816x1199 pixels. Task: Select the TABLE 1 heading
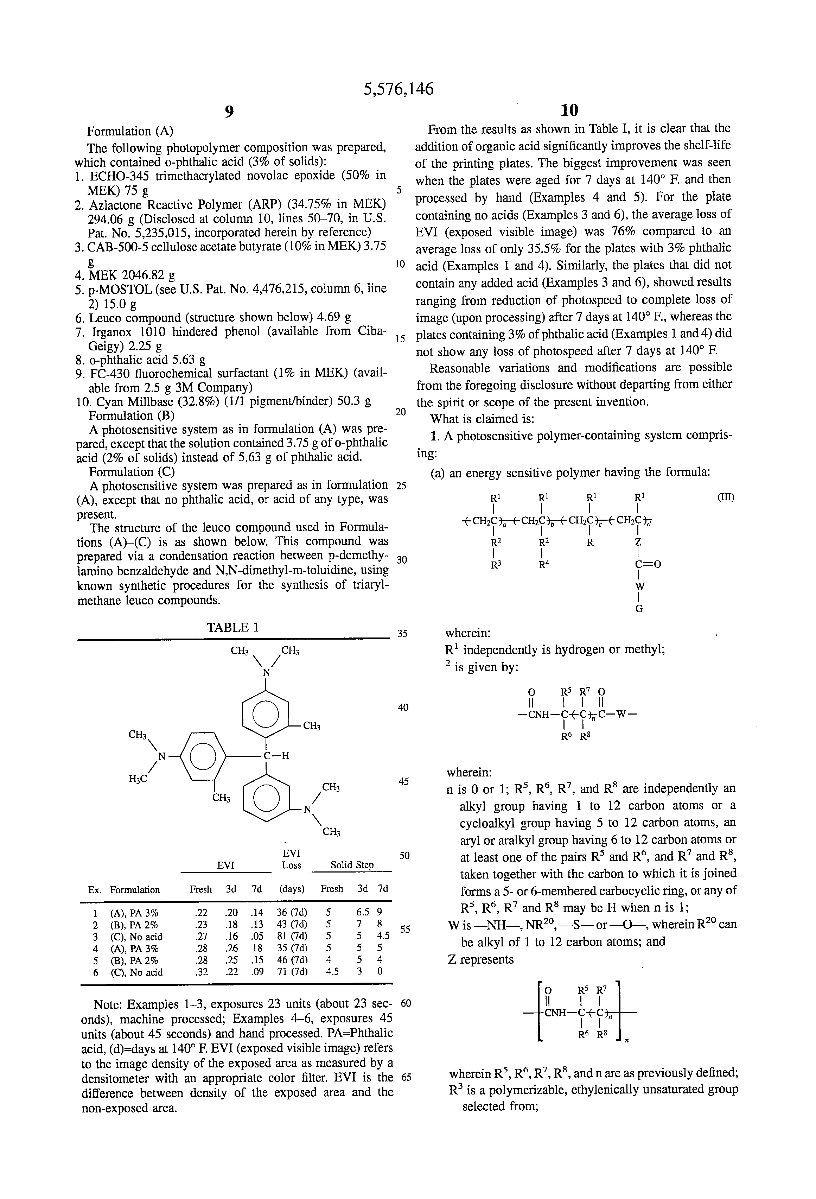(232, 627)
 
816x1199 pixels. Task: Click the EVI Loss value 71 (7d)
(292, 972)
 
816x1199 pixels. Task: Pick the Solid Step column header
(352, 865)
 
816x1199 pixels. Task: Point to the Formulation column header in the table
(135, 889)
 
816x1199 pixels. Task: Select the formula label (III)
(726, 497)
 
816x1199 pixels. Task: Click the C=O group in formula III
(648, 564)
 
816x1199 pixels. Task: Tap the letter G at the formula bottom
(639, 609)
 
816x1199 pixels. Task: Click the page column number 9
(229, 111)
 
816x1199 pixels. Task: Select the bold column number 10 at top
(569, 110)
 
